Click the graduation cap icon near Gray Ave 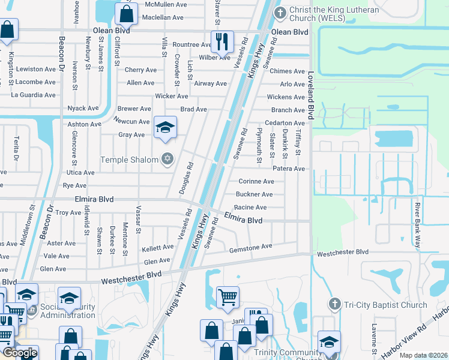[165, 127]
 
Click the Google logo [20, 353]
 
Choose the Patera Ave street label [289, 169]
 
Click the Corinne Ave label [256, 181]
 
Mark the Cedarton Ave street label [285, 123]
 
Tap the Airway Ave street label [210, 83]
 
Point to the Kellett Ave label [157, 248]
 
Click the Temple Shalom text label [130, 160]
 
